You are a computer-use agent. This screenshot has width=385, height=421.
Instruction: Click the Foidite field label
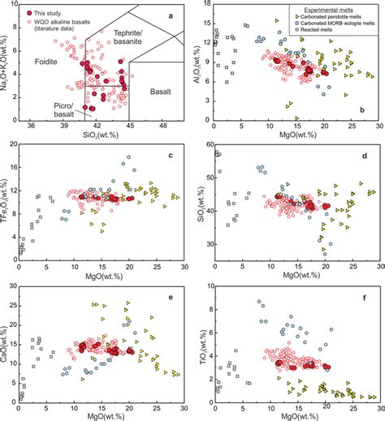pyautogui.click(x=37, y=62)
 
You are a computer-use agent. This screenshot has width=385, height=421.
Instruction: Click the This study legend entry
pyautogui.click(x=45, y=13)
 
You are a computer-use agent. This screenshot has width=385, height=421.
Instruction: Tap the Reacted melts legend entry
pyautogui.click(x=322, y=32)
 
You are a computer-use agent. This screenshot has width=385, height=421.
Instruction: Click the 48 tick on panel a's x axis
pyautogui.click(x=162, y=127)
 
